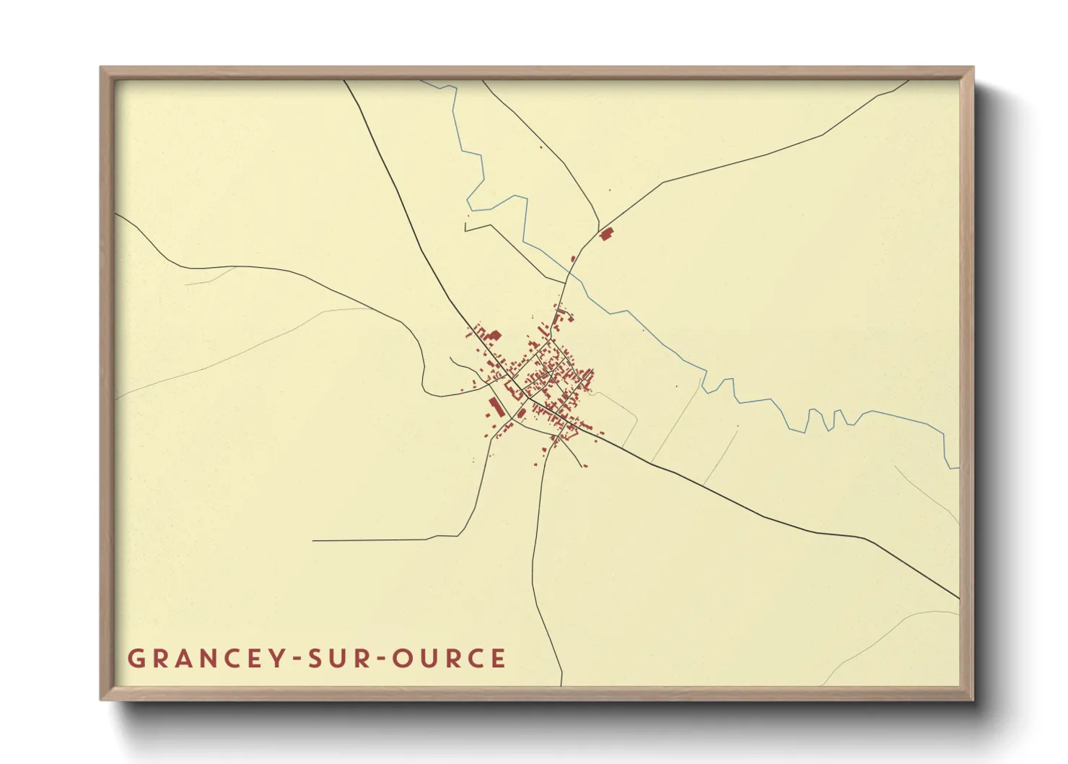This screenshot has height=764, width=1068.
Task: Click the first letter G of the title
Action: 136,659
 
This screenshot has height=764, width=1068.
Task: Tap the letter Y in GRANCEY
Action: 279,659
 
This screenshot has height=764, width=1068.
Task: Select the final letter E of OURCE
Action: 498,659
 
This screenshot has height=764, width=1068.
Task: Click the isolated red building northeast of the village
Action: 606,233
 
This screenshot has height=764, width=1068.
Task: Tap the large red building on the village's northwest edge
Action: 494,334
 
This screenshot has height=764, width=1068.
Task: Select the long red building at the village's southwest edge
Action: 496,407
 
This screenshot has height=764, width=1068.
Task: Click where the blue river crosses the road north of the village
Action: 570,273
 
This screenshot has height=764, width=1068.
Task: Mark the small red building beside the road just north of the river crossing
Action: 573,259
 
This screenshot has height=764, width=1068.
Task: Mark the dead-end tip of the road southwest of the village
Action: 313,540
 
